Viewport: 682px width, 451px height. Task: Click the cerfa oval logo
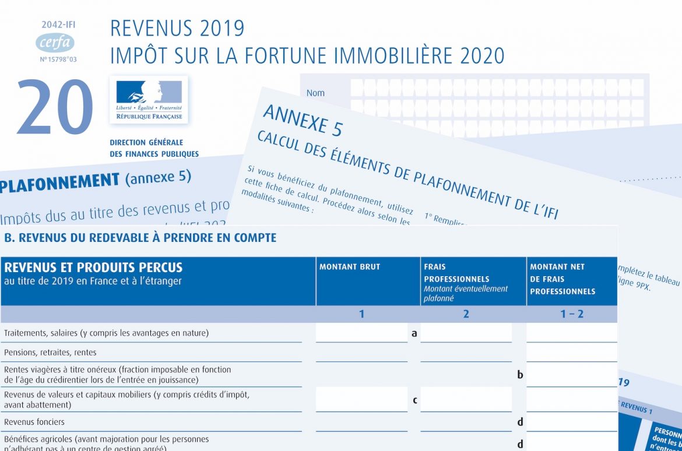tap(55, 43)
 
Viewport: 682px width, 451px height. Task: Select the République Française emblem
tap(149, 100)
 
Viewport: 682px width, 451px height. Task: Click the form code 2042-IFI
tap(58, 25)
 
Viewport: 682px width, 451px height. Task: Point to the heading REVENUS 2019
tap(177, 29)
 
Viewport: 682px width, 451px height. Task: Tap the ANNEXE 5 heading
tap(303, 120)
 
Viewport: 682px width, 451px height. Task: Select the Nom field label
tap(315, 93)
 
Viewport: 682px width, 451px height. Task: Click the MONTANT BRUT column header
tap(350, 267)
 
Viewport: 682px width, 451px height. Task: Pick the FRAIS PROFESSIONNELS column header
tap(456, 273)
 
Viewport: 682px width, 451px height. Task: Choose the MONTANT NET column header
tap(563, 279)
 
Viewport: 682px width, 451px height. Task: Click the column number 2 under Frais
tap(466, 314)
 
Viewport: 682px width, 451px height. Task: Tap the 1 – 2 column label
tap(572, 314)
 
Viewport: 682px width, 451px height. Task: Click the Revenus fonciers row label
tap(34, 421)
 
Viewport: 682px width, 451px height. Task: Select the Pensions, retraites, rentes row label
tap(50, 353)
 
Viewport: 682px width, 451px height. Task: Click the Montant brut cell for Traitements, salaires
tap(361, 333)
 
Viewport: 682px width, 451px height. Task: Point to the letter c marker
tap(414, 400)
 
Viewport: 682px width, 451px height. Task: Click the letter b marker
tap(520, 375)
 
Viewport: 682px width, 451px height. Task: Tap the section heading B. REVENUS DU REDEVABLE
tap(140, 238)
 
